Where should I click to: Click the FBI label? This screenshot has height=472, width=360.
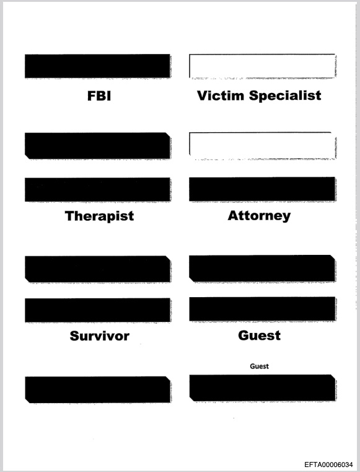(x=99, y=96)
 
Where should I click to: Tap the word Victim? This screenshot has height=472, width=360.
(x=221, y=96)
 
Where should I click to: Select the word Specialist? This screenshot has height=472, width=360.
(x=285, y=96)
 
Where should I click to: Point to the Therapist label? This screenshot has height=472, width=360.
(x=99, y=216)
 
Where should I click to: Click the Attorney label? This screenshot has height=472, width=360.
(x=259, y=215)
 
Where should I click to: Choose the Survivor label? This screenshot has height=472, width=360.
(x=100, y=336)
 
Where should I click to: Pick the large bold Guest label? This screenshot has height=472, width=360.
(x=259, y=336)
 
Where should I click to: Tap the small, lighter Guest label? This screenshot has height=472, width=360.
(x=259, y=366)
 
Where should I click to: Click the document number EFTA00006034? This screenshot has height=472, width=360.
(x=328, y=465)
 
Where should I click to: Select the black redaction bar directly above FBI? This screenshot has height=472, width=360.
(x=97, y=66)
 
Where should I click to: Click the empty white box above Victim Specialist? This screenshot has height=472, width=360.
(x=262, y=66)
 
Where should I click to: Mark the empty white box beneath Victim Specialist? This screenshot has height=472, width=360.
(x=262, y=145)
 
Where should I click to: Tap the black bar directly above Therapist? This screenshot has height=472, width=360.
(x=97, y=190)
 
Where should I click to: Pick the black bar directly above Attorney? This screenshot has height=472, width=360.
(x=262, y=189)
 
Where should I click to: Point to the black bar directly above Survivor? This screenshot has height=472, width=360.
(x=97, y=310)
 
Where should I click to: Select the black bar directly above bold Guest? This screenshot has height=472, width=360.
(x=262, y=309)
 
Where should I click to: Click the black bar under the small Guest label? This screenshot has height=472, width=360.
(x=262, y=388)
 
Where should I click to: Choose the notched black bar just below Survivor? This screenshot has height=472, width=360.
(x=97, y=390)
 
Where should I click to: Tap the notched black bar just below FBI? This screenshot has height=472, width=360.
(x=97, y=146)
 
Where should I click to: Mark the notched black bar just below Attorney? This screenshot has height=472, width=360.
(x=262, y=269)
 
